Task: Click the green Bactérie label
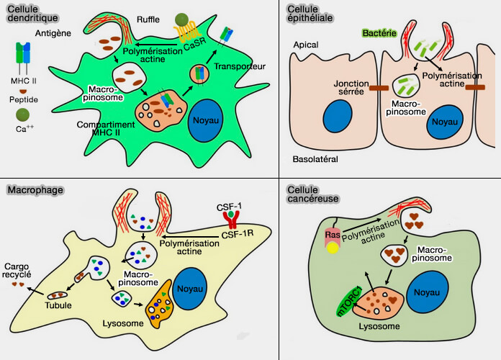(376, 33)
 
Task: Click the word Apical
(306, 45)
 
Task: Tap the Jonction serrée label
(351, 88)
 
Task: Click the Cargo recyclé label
(21, 271)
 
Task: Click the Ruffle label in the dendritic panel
(148, 19)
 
